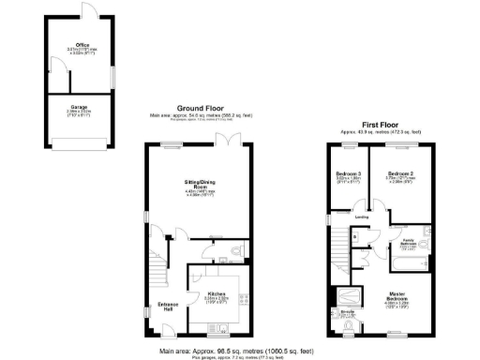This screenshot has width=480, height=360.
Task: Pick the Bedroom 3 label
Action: (x=348, y=174)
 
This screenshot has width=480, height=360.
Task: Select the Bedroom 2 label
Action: (x=402, y=174)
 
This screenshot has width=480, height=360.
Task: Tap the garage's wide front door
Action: (x=79, y=142)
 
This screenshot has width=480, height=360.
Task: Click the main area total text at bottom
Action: (x=239, y=349)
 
